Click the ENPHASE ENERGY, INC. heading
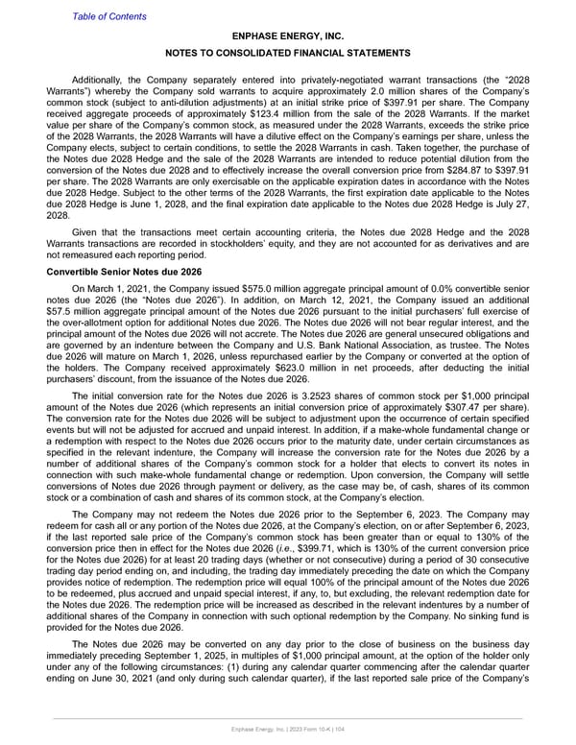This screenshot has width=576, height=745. point(288,36)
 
